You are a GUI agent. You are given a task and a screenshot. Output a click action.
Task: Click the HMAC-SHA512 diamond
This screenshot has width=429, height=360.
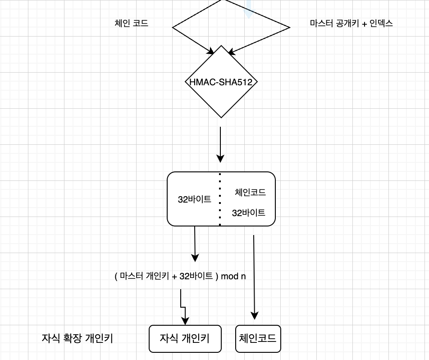[221, 82]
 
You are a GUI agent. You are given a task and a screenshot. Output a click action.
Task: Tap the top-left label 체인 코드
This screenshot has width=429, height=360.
[132, 23]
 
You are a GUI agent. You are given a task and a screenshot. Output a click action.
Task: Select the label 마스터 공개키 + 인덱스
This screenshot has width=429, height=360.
[351, 23]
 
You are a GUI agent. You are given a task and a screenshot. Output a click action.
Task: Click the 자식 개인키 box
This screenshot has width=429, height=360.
[185, 338]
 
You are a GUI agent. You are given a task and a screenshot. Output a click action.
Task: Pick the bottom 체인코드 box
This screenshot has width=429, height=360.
[258, 338]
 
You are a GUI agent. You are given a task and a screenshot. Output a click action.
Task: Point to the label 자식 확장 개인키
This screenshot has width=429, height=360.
[77, 338]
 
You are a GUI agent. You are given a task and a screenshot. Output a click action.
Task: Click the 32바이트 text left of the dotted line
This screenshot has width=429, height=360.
[195, 199]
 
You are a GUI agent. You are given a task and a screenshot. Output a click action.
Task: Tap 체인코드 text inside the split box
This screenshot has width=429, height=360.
[250, 193]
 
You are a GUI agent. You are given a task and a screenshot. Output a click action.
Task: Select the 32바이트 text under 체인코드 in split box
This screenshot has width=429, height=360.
[248, 212]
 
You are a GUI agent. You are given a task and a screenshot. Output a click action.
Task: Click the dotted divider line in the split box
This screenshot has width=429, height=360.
[220, 198]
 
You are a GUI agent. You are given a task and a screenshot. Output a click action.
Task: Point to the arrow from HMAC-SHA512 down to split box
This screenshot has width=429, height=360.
[220, 144]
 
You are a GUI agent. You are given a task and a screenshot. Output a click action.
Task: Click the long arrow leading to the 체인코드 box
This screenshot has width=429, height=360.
[255, 275]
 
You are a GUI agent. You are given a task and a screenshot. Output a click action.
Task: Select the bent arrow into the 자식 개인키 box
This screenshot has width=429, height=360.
[182, 307]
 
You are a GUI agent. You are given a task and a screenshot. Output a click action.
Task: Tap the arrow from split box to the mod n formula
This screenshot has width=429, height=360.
[195, 244]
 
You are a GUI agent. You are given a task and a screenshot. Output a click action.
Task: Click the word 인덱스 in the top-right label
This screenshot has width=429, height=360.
[381, 23]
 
